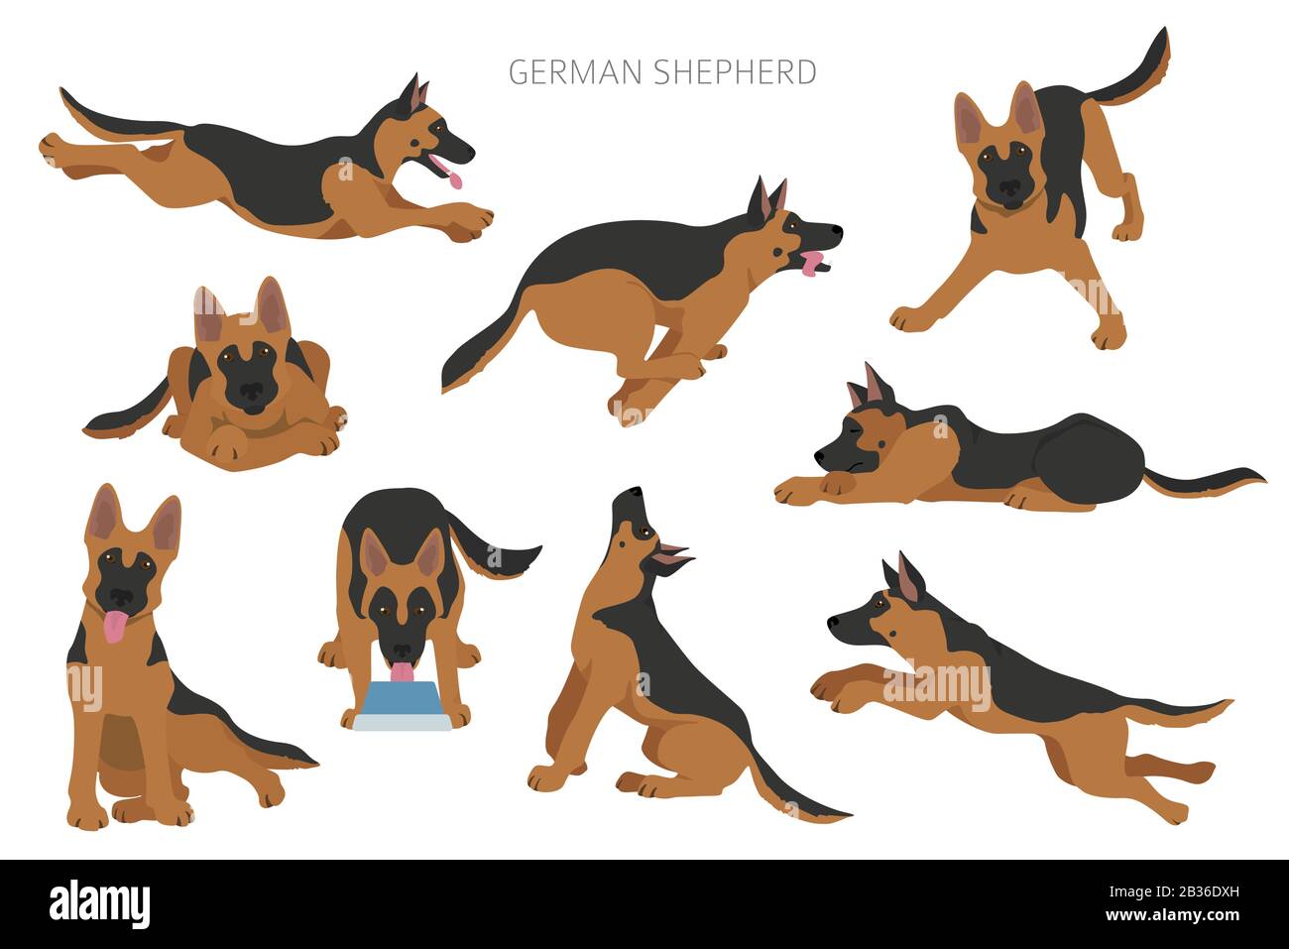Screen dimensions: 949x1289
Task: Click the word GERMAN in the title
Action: click(576, 72)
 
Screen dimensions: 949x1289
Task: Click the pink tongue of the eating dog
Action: click(401, 672)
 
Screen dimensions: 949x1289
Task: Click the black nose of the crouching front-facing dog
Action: click(251, 394)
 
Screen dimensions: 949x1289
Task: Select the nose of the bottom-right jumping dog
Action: click(833, 622)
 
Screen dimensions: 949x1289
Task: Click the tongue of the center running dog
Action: click(813, 264)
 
